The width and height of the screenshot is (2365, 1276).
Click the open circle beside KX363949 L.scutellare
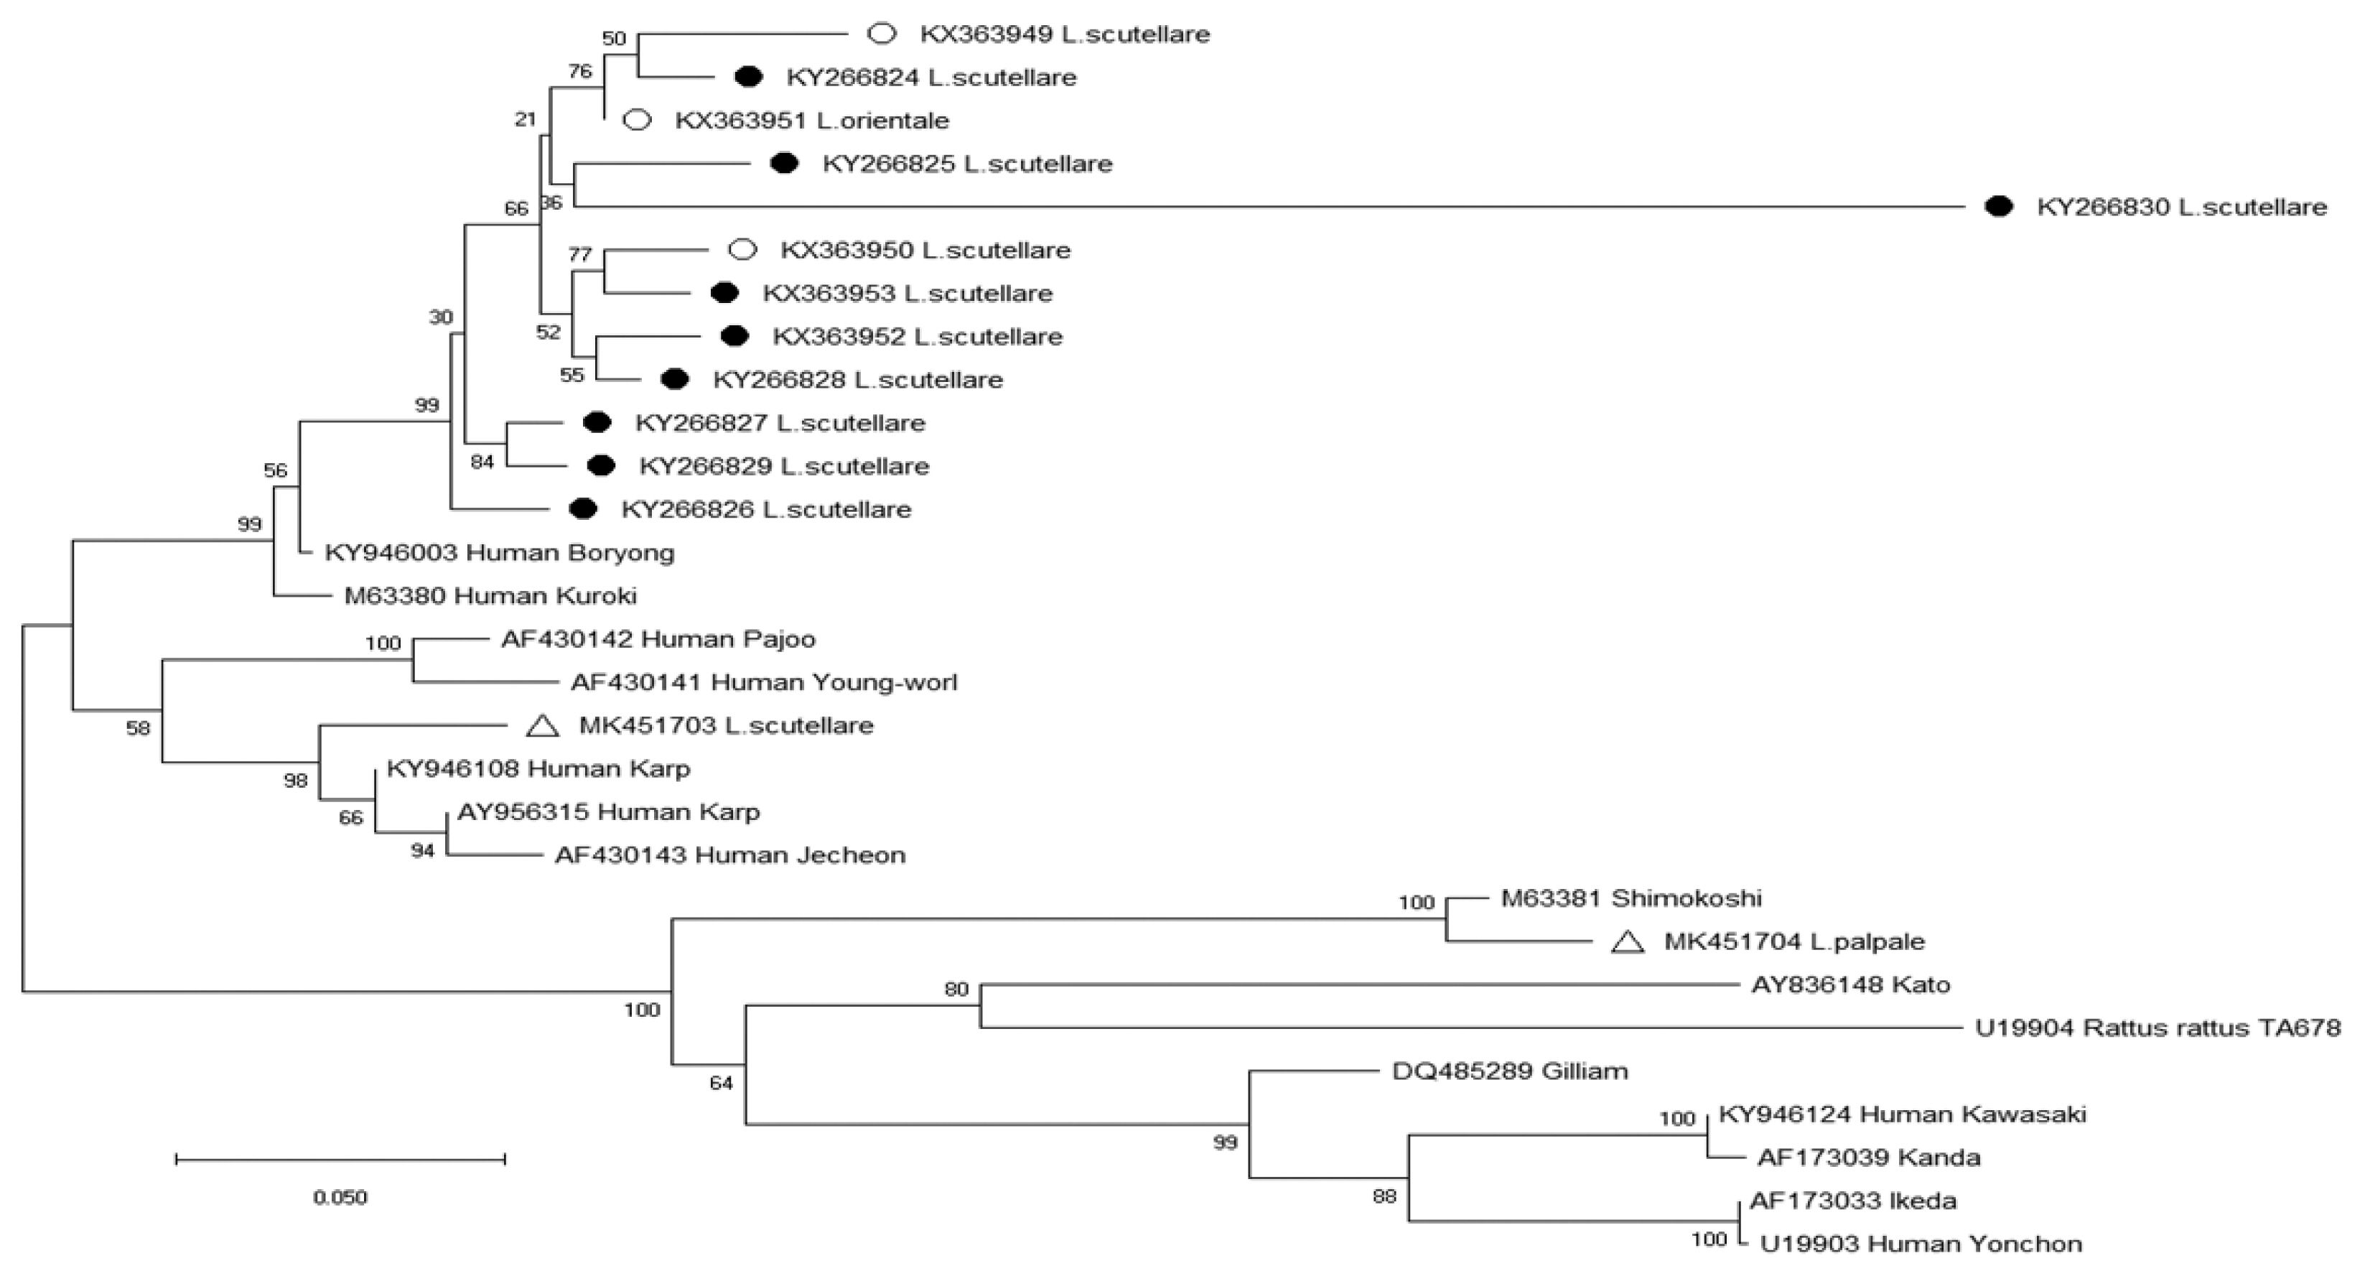click(882, 34)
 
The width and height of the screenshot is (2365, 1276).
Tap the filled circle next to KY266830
click(1999, 207)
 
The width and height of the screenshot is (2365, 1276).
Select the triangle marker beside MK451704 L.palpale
click(1628, 942)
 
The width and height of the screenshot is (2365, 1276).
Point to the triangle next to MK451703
click(543, 726)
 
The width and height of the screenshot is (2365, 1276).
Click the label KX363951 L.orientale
click(811, 120)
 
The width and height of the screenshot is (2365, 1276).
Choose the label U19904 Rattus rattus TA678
click(2158, 1028)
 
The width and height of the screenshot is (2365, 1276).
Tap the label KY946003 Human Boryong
click(500, 553)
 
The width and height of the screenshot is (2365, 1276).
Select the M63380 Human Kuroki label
click(490, 596)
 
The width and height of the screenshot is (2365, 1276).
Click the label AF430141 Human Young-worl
click(763, 682)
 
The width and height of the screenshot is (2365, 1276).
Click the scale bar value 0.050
click(340, 1197)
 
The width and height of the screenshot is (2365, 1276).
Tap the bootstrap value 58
click(138, 728)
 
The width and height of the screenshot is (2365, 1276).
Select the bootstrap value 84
click(482, 462)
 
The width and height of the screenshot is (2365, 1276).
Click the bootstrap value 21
click(524, 118)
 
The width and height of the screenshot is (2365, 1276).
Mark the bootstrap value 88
click(1384, 1196)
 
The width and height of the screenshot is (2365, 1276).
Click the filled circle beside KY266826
click(583, 508)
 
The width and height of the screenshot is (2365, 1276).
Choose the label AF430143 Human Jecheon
click(730, 854)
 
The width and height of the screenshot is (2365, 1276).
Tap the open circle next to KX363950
click(742, 250)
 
